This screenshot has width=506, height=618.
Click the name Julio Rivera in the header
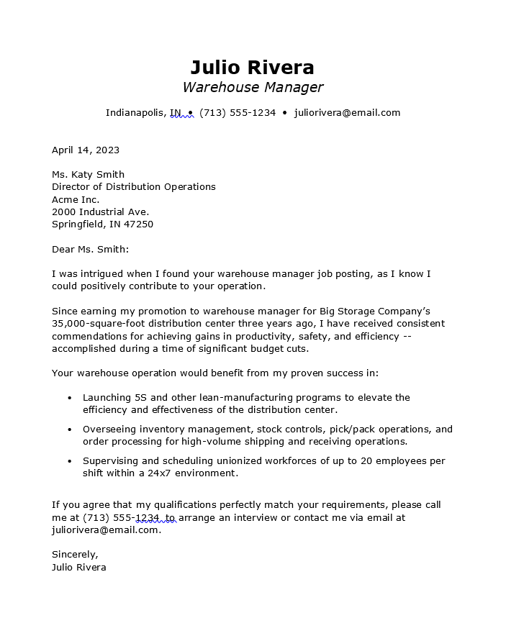point(252,68)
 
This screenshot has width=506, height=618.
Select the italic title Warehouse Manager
point(252,88)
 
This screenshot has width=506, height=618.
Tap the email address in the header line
point(347,113)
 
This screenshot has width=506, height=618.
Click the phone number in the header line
point(238,113)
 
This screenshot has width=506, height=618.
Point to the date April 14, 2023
point(86,150)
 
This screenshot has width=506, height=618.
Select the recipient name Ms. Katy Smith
point(88,175)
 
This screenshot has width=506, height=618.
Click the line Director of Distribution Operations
point(133,187)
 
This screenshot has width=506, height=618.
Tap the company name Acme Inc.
point(76,199)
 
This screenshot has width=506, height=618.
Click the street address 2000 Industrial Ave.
point(100,212)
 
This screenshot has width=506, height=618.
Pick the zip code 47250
point(140,224)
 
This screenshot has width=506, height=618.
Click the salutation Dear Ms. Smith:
point(90,250)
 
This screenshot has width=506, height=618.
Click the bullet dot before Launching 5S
point(69,398)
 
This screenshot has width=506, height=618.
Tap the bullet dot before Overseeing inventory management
point(69,430)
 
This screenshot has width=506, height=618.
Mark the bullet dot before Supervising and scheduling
point(69,461)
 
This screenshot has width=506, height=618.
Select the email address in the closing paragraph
point(105,530)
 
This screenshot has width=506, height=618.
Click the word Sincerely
point(74,555)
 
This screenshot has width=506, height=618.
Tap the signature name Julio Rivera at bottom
point(79,568)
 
